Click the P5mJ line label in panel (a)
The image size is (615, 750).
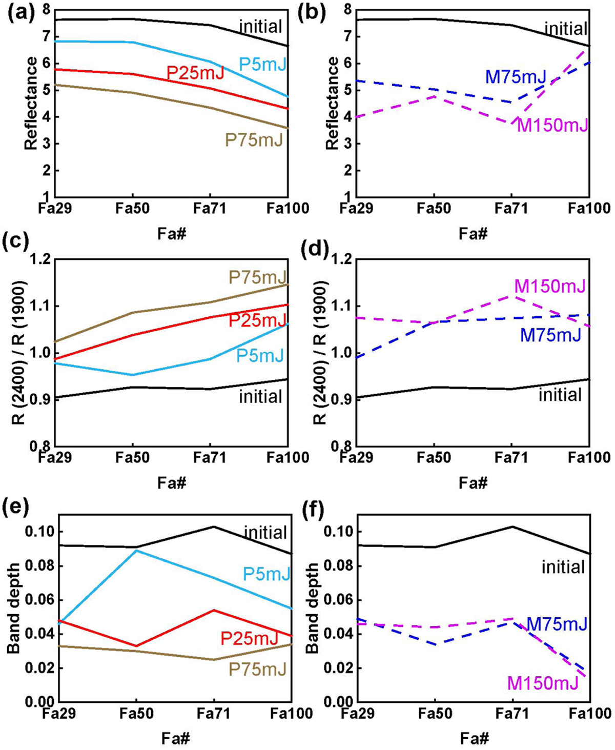262,64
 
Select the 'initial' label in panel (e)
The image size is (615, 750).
265,532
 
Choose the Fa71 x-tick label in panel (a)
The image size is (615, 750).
210,208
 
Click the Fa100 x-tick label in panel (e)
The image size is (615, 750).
291,714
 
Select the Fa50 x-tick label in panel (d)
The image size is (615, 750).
434,457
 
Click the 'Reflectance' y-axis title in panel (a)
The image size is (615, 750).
31,103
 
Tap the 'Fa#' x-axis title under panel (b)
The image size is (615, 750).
473,234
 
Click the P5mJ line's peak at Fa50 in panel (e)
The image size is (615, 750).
136,550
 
